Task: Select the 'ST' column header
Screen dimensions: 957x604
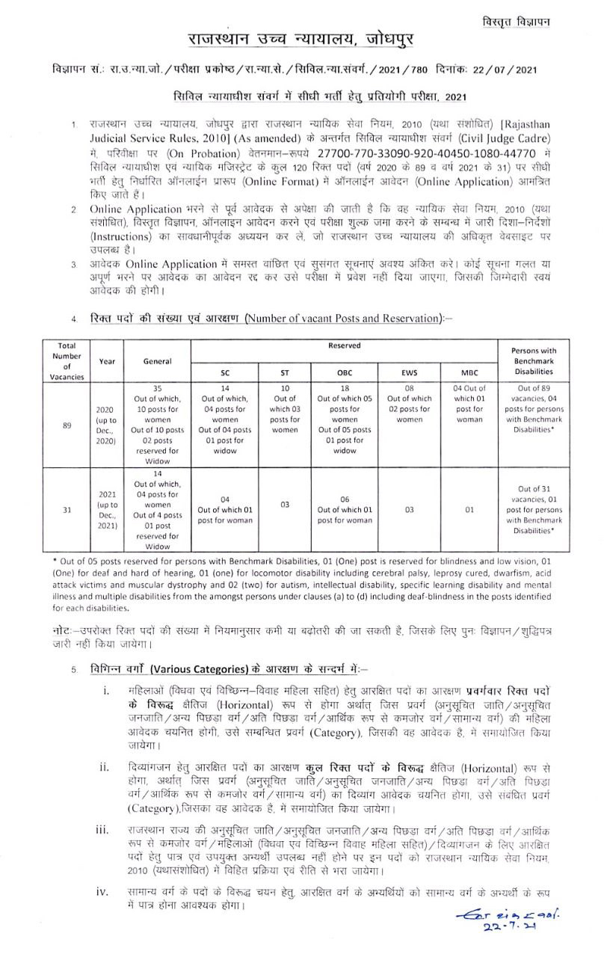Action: (284, 372)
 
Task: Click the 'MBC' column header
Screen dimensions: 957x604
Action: (469, 372)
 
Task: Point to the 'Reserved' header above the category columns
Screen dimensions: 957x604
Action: (344, 347)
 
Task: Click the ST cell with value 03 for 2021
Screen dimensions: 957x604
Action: (284, 505)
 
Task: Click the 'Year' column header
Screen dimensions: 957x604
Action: (107, 360)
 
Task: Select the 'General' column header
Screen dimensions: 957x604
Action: (157, 360)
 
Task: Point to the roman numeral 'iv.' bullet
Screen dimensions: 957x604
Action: (104, 892)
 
